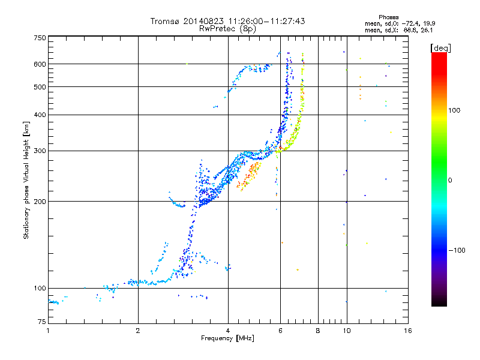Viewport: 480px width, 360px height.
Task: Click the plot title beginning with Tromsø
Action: tap(227, 21)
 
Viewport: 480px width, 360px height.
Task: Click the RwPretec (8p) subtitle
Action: tap(227, 28)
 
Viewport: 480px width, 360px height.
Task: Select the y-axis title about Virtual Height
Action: tap(26, 180)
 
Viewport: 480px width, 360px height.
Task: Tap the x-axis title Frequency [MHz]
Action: tap(227, 338)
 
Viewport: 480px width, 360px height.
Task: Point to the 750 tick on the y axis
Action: tap(40, 37)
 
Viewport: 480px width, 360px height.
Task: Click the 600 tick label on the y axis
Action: tap(40, 64)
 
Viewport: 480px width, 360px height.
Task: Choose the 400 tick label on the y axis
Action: tap(40, 115)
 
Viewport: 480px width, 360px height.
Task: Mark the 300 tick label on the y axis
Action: tap(40, 151)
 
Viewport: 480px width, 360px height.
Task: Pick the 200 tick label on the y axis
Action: tap(40, 202)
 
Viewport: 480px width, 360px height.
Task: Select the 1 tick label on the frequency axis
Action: tap(48, 331)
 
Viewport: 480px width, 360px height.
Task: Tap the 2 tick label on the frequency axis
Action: tap(138, 331)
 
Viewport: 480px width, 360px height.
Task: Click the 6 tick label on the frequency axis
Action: tap(280, 331)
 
